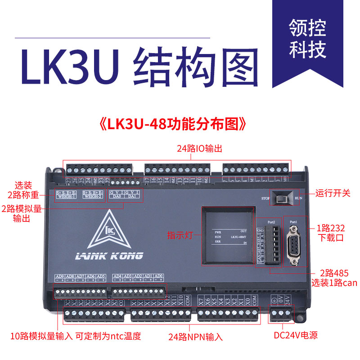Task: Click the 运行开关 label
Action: [x=333, y=193]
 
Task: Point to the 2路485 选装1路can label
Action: [x=333, y=279]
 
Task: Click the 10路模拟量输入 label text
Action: [x=41, y=336]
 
